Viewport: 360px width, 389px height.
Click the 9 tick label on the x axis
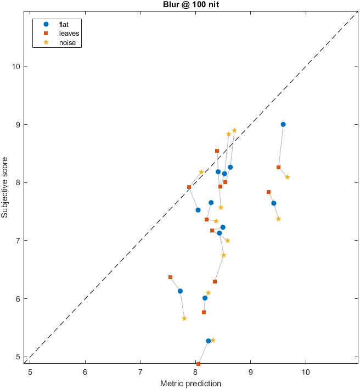tap(250, 371)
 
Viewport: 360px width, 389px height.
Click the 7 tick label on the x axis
tap(140, 371)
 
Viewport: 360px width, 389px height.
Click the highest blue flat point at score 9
tap(283, 124)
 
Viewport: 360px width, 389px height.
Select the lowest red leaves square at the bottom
tap(198, 364)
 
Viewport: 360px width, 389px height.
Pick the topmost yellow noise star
tap(234, 130)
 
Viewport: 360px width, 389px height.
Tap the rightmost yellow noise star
tap(288, 177)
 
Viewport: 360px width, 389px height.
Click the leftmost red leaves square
tap(170, 277)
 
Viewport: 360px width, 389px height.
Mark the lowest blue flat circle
tap(209, 341)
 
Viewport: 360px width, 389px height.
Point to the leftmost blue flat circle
tap(180, 291)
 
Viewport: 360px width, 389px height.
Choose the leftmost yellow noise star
tap(184, 318)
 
